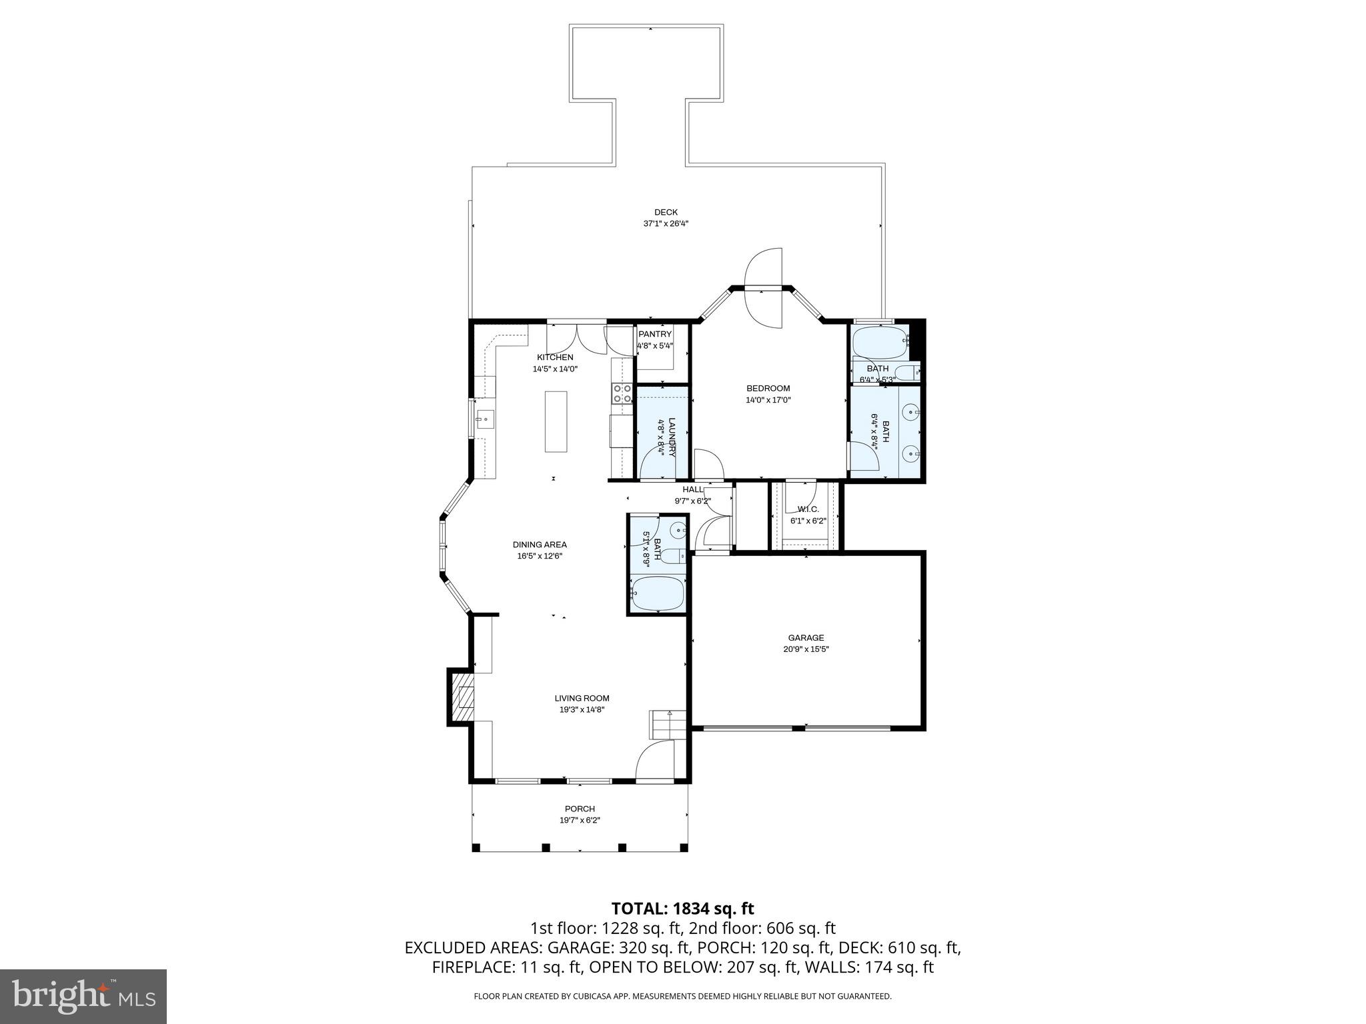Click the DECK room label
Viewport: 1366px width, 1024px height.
pos(666,212)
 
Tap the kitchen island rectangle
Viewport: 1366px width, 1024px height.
pos(556,422)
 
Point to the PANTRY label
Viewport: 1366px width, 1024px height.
pos(654,334)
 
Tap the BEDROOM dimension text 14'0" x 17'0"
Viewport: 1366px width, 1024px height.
pos(768,400)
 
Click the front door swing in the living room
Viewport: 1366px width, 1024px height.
pos(656,761)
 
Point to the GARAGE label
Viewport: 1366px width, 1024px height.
pos(806,637)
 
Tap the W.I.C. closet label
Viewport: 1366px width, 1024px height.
pos(807,509)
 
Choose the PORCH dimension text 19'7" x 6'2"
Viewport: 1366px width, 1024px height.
pos(580,820)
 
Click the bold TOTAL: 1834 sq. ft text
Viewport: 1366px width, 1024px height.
pos(682,908)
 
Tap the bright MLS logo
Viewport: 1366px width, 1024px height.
pos(83,996)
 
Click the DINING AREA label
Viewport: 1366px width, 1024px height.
pos(540,545)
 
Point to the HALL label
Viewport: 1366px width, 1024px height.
pos(692,489)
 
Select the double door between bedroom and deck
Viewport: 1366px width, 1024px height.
pos(763,288)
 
